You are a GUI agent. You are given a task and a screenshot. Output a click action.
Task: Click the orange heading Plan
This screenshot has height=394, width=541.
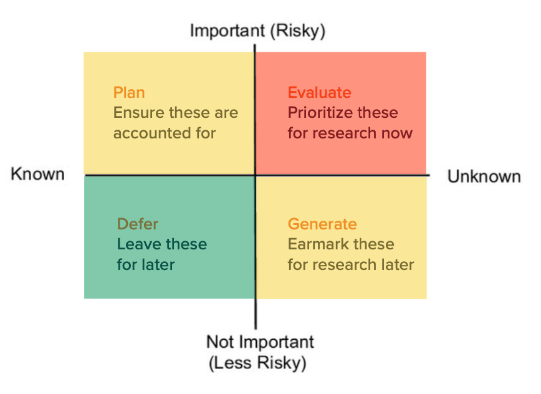pyautogui.click(x=129, y=92)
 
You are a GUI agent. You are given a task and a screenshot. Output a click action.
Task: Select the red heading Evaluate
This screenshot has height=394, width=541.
pyautogui.click(x=320, y=92)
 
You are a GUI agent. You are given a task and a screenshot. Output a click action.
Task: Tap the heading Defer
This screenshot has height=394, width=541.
pyautogui.click(x=138, y=224)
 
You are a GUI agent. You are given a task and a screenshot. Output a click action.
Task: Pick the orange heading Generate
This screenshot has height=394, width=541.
pyautogui.click(x=322, y=224)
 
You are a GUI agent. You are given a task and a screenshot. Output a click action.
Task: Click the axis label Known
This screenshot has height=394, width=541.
pyautogui.click(x=37, y=174)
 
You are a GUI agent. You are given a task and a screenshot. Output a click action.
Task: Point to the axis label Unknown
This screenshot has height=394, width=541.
pyautogui.click(x=484, y=176)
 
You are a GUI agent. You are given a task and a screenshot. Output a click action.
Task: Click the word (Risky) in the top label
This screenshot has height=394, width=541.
pyautogui.click(x=298, y=31)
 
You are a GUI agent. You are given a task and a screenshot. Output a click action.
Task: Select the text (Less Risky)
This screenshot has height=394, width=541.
pyautogui.click(x=257, y=363)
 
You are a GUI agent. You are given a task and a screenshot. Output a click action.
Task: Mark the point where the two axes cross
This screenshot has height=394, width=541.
pyautogui.click(x=256, y=175)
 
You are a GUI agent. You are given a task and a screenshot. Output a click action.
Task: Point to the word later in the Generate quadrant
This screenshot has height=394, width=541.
pyautogui.click(x=397, y=265)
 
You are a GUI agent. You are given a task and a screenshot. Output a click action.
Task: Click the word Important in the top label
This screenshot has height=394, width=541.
pyautogui.click(x=227, y=31)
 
